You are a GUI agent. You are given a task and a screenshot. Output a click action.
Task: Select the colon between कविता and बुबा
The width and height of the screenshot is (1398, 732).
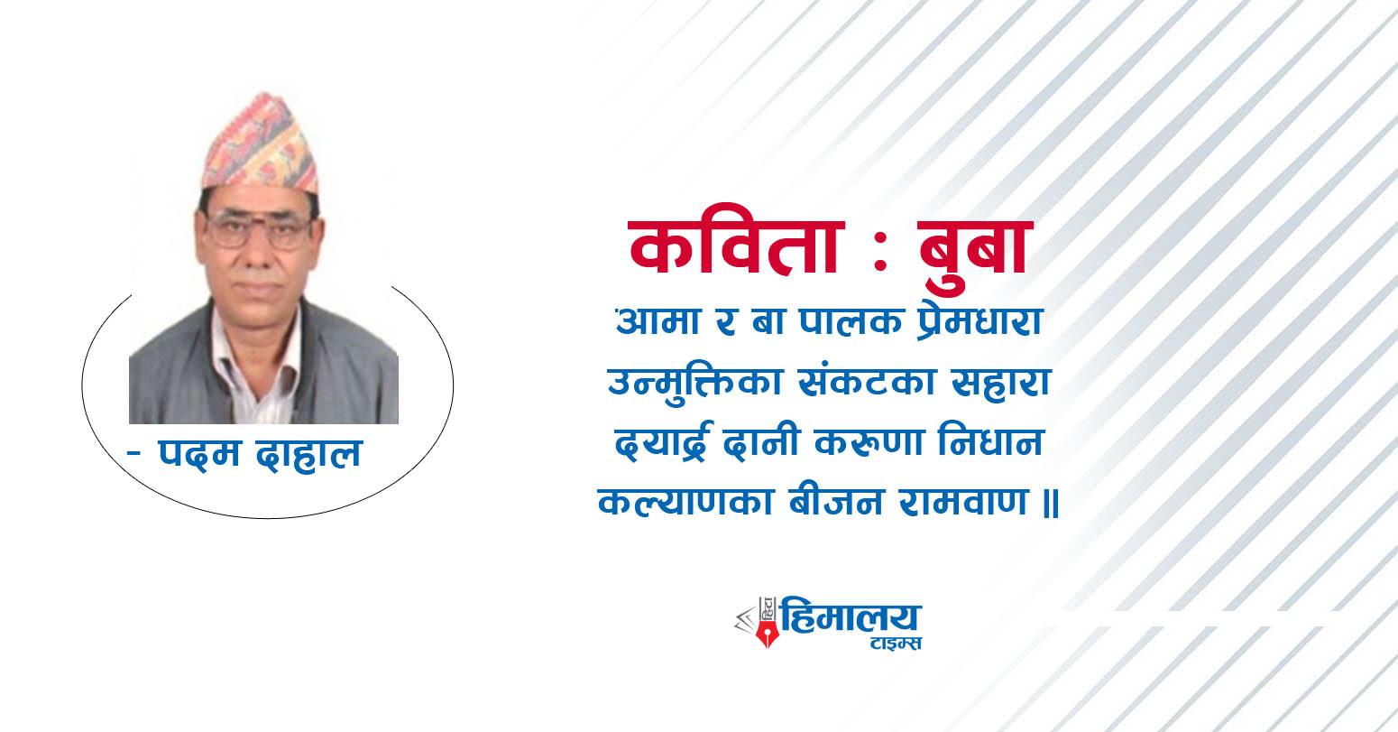(880, 251)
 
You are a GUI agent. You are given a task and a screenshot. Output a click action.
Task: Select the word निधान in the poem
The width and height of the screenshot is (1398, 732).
(991, 441)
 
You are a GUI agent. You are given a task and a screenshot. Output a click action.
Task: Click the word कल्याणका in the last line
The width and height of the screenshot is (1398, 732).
(686, 501)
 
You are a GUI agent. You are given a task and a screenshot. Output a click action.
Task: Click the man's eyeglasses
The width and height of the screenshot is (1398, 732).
(259, 230)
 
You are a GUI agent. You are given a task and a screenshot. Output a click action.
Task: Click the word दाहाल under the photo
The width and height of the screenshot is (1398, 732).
(309, 453)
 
